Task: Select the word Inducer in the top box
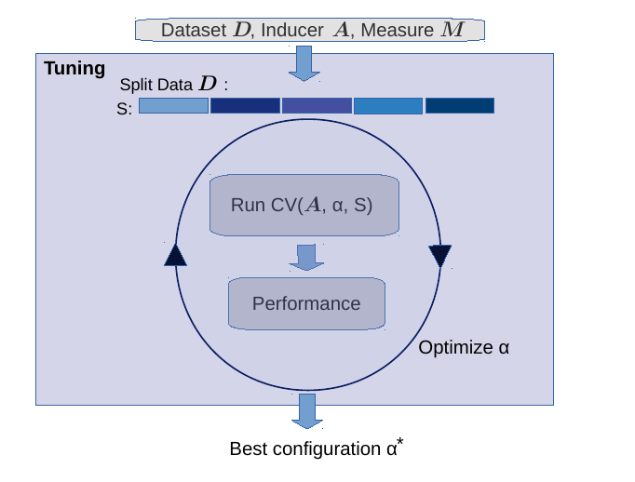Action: (x=291, y=30)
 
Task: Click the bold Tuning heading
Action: (x=74, y=69)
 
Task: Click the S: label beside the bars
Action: (x=124, y=108)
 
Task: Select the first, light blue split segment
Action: (x=173, y=106)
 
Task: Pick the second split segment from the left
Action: (x=245, y=106)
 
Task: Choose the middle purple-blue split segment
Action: (x=317, y=106)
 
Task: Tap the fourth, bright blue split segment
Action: (x=388, y=106)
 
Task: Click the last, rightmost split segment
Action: (x=460, y=106)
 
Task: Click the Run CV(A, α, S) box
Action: (x=304, y=205)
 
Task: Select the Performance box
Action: (x=306, y=303)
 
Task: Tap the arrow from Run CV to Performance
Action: (x=305, y=257)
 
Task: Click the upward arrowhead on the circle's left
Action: (x=175, y=255)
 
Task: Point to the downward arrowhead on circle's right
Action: (x=439, y=256)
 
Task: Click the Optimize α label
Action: (x=464, y=348)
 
